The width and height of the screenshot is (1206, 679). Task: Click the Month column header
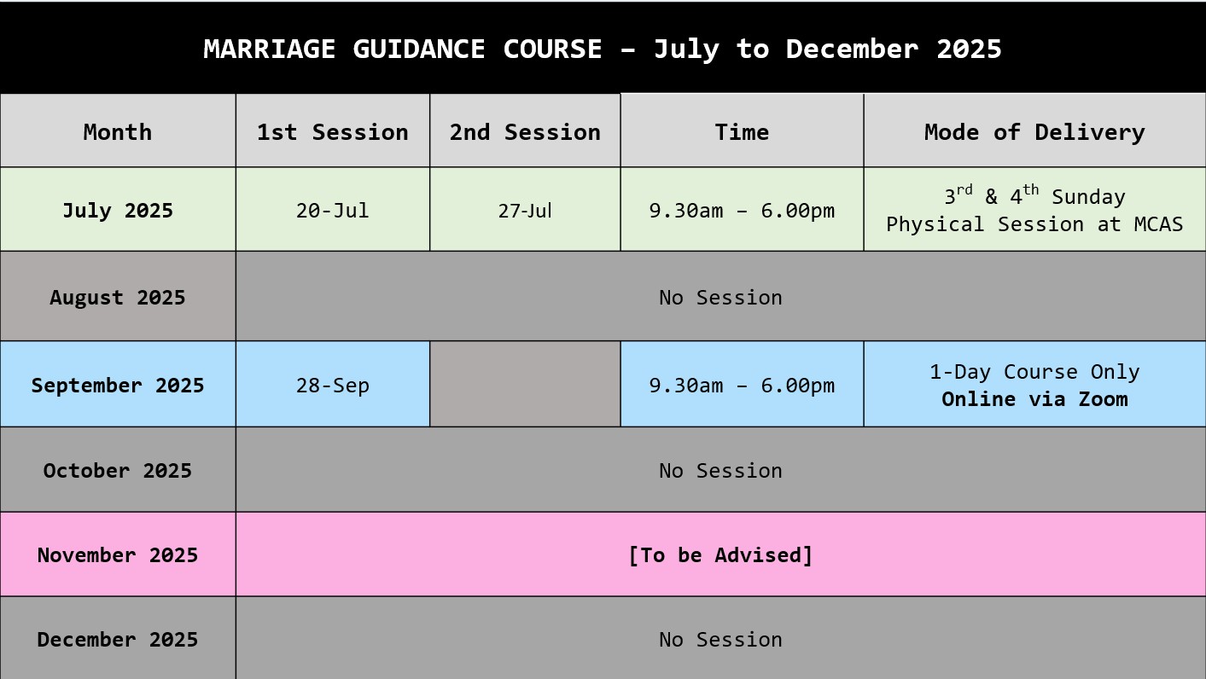(118, 132)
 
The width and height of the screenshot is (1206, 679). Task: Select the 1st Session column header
(332, 132)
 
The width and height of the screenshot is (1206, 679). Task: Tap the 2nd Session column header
(525, 132)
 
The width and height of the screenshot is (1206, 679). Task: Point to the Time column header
(742, 132)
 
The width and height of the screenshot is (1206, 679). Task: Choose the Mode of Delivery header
(1034, 133)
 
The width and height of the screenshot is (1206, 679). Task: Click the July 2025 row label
(118, 211)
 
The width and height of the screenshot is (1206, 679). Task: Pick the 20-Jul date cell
(332, 211)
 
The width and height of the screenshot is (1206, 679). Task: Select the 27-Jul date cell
(525, 211)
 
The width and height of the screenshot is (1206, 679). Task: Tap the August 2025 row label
(118, 298)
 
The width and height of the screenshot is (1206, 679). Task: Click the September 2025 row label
(118, 386)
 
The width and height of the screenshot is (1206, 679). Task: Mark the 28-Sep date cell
(332, 386)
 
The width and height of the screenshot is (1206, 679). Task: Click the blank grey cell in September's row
(525, 384)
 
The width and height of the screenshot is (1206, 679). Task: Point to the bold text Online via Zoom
(1034, 399)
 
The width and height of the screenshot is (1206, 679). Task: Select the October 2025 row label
(118, 471)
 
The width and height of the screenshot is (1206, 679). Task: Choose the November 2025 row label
(118, 555)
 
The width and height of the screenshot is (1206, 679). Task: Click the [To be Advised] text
(720, 555)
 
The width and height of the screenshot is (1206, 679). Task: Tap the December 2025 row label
(118, 640)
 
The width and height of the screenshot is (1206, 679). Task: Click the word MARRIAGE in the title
(269, 49)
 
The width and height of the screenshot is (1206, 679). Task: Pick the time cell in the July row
(742, 211)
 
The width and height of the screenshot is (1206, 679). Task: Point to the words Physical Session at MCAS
(1034, 224)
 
